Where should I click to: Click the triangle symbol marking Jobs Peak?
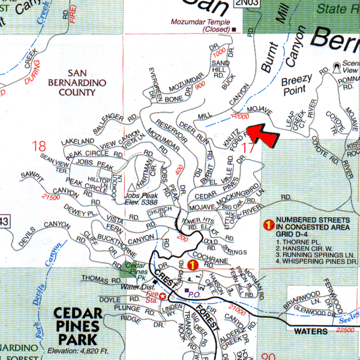coord(131,187)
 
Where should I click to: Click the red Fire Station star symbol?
coord(162,296)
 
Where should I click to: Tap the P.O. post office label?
coord(193,294)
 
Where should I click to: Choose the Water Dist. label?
coord(137,286)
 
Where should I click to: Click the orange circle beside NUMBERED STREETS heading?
coord(269,224)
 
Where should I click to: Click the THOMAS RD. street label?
coord(97,278)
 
